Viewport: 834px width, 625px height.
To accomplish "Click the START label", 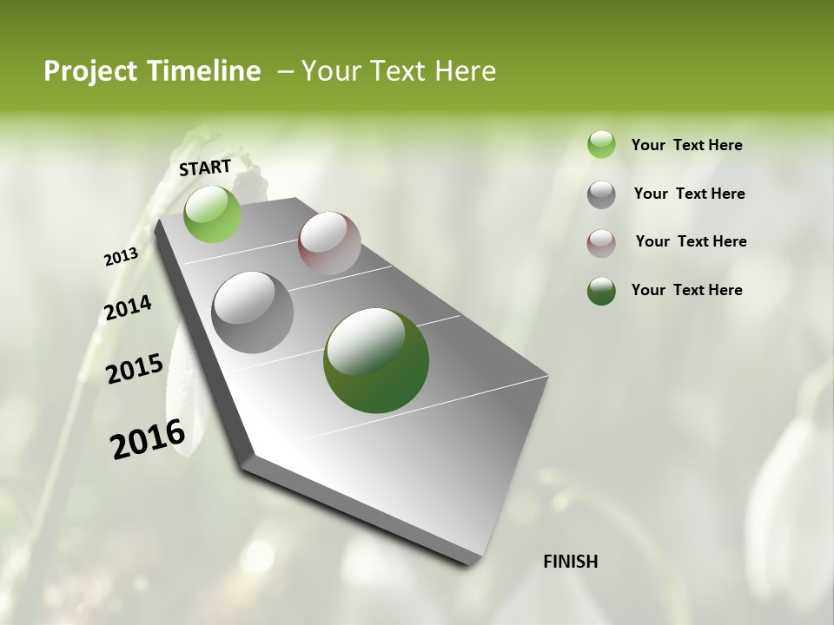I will click(x=205, y=167).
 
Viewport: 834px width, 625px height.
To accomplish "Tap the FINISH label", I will click(x=570, y=562).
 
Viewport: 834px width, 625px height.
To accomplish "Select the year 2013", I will click(x=121, y=257).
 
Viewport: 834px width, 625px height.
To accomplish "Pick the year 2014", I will click(x=128, y=308).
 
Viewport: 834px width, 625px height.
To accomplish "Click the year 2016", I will click(x=148, y=439).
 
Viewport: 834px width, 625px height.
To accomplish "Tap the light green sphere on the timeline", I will click(x=212, y=214).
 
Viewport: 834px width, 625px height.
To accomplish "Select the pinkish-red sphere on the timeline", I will click(x=329, y=243).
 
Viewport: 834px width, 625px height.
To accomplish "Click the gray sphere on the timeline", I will click(x=252, y=312).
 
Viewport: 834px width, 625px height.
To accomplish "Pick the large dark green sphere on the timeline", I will click(x=376, y=360).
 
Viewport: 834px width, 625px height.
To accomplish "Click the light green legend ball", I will click(x=601, y=144).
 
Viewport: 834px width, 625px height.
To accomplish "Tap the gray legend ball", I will click(x=601, y=194).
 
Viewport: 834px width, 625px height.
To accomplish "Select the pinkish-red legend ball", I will click(x=601, y=243).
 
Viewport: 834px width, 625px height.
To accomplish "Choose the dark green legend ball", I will click(x=601, y=291).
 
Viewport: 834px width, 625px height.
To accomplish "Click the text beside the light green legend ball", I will click(x=686, y=145).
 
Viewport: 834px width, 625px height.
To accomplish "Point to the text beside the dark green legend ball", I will click(x=686, y=290).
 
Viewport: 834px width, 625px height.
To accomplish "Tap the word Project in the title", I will click(x=89, y=71).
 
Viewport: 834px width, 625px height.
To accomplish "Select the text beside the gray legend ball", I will click(x=689, y=194).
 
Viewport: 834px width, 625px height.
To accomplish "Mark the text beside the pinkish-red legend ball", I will click(x=691, y=241).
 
